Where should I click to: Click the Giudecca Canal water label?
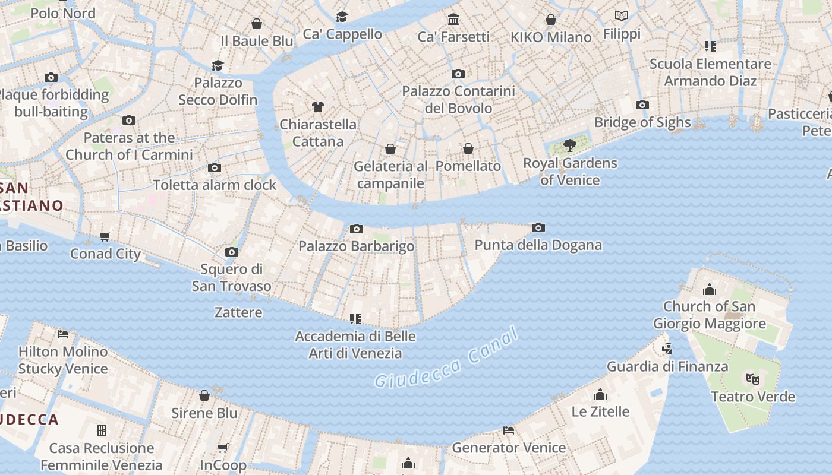click(446, 360)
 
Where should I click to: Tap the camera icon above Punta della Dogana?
click(538, 227)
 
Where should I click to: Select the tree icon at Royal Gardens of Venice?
click(569, 145)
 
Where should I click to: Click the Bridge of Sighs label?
click(642, 122)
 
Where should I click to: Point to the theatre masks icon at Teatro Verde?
click(753, 379)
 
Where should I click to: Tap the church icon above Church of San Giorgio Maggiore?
click(709, 289)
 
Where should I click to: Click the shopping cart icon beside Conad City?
click(105, 237)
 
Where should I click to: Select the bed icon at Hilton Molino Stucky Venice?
click(63, 334)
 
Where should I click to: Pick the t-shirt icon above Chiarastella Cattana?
click(318, 107)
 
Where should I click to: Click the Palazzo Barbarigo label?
click(357, 246)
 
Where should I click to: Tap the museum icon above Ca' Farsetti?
click(454, 20)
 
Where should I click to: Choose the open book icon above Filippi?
click(622, 16)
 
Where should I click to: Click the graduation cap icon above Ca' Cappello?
click(342, 17)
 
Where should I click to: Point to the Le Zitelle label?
click(600, 411)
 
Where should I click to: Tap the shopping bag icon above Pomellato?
click(468, 148)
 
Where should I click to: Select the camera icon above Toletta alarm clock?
click(215, 168)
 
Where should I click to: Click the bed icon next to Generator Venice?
click(509, 430)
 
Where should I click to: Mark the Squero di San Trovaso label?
click(231, 277)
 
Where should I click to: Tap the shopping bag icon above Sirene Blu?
click(204, 395)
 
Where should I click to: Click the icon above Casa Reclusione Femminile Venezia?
click(102, 430)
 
